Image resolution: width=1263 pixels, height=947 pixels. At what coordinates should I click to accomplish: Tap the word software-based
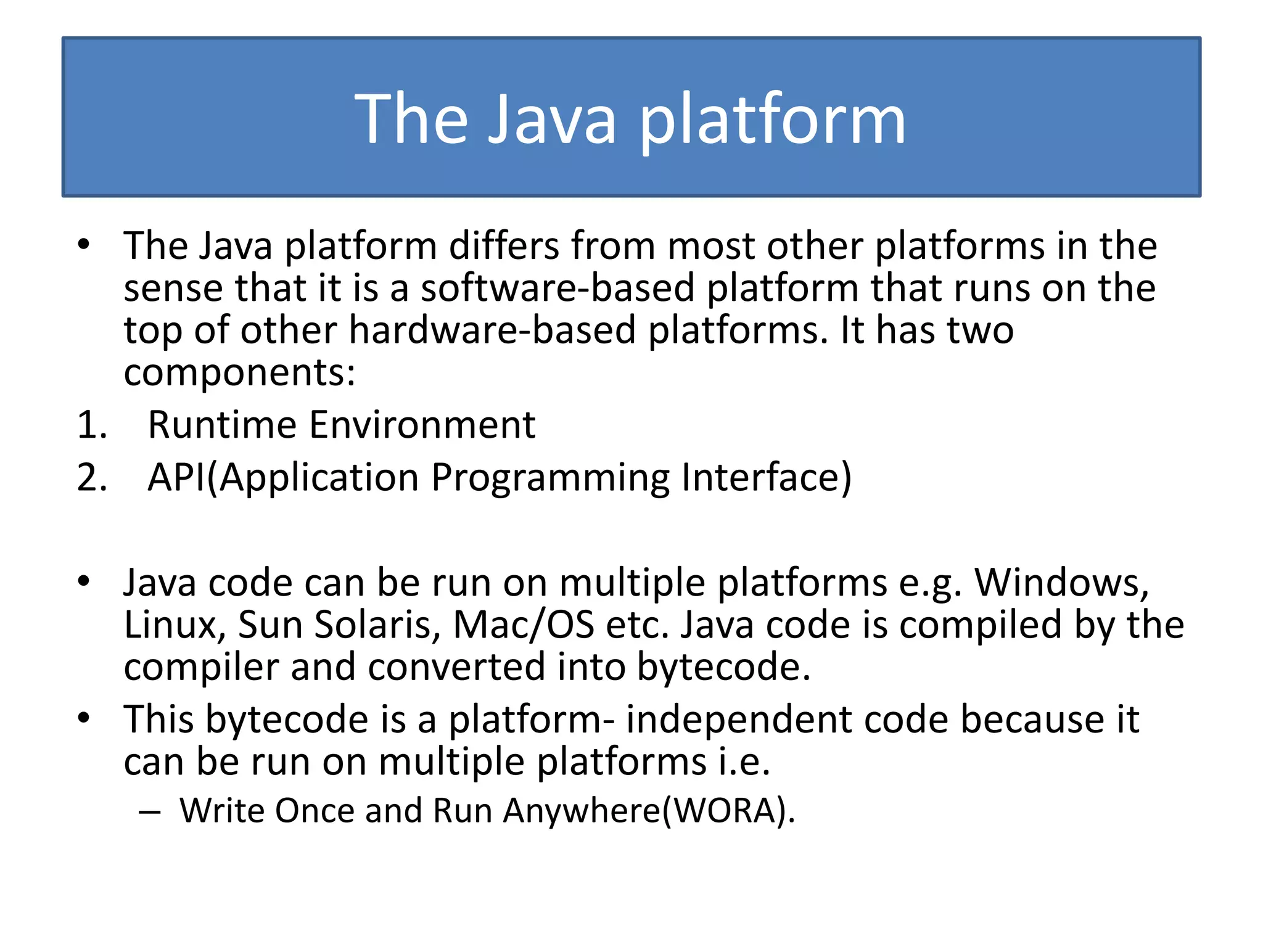[x=557, y=288]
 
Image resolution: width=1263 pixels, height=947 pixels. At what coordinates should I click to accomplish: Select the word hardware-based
[x=492, y=330]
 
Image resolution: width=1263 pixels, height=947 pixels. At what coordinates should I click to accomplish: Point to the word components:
[x=239, y=373]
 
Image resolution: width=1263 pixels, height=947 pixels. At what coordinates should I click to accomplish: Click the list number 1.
[x=92, y=425]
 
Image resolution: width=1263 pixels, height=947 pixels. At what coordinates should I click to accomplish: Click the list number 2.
[x=92, y=478]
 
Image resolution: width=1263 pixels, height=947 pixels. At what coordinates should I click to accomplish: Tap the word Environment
[x=422, y=425]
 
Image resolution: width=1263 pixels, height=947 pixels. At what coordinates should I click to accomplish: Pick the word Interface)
[x=767, y=478]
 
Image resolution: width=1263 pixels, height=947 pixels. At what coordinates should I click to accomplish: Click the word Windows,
[x=1062, y=583]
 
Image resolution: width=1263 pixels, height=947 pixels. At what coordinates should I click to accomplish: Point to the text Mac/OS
[x=524, y=625]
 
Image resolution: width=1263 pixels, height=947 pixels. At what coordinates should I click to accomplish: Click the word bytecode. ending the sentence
[x=723, y=667]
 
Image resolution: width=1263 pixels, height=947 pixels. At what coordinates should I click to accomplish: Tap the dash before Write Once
[x=150, y=811]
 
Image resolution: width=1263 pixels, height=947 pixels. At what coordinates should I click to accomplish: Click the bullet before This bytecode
[x=84, y=718]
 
